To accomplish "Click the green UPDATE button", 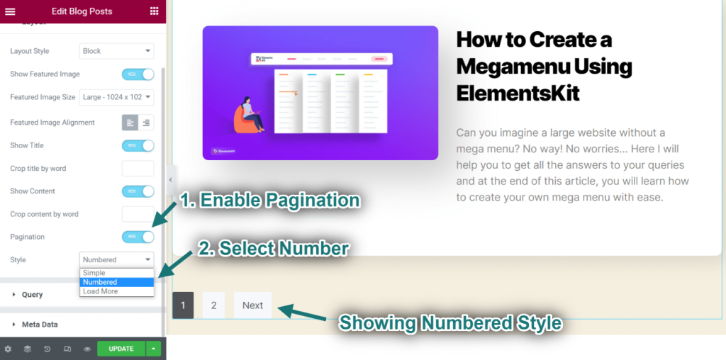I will click(x=121, y=349).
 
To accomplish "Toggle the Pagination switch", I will click(x=138, y=237).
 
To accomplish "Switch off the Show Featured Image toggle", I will click(x=138, y=74).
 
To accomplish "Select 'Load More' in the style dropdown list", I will click(x=117, y=291).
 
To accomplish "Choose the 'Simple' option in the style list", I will click(x=117, y=273).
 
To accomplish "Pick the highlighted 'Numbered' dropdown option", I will click(x=117, y=282).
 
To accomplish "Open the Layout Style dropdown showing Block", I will click(x=116, y=51).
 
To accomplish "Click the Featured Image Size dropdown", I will click(x=116, y=97).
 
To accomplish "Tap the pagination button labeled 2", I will click(x=213, y=305).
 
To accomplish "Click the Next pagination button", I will click(x=252, y=305).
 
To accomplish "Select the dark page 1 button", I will click(x=183, y=305).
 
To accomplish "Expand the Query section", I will click(x=33, y=295).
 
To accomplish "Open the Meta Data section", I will click(x=40, y=325).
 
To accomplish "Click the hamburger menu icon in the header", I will click(x=10, y=11).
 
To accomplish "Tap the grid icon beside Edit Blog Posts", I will click(x=155, y=11).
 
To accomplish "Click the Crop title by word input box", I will click(x=138, y=169).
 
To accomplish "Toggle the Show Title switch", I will click(x=138, y=145).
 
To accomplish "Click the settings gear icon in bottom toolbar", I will click(x=8, y=349).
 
